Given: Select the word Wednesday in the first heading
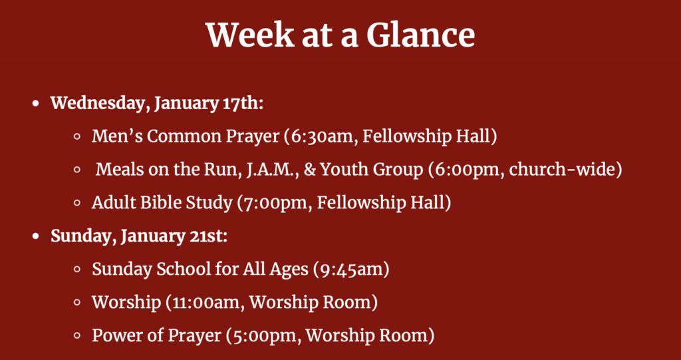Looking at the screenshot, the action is (x=100, y=104).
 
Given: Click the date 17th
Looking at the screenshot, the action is (x=241, y=104).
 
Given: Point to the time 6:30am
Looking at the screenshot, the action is (x=323, y=136).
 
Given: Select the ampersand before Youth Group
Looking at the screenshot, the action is (x=310, y=170).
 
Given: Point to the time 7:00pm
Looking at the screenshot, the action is (x=277, y=202).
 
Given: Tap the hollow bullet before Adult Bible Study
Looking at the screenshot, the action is (x=78, y=203).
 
